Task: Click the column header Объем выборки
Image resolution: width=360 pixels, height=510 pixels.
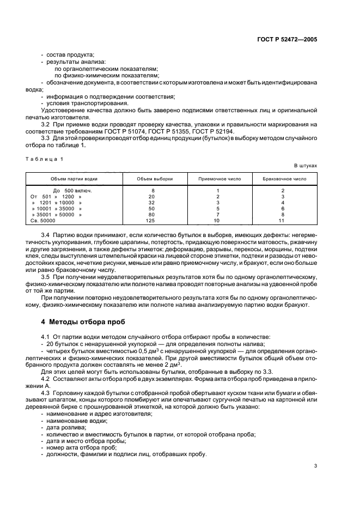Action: click(x=153, y=179)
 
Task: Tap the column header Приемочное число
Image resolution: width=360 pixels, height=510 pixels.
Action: click(x=217, y=179)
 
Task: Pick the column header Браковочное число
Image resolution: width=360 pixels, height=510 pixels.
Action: click(x=282, y=179)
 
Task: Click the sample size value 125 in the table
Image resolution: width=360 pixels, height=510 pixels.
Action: click(x=152, y=221)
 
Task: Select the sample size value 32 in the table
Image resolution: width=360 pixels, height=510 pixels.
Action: click(x=152, y=202)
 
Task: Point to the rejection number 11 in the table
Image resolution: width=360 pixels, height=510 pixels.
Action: click(x=282, y=221)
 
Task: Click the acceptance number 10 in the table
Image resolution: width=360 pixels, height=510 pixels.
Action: click(x=217, y=221)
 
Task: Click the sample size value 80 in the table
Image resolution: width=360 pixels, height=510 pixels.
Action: click(x=152, y=215)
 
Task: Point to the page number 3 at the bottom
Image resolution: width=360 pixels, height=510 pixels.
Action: click(x=315, y=466)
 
